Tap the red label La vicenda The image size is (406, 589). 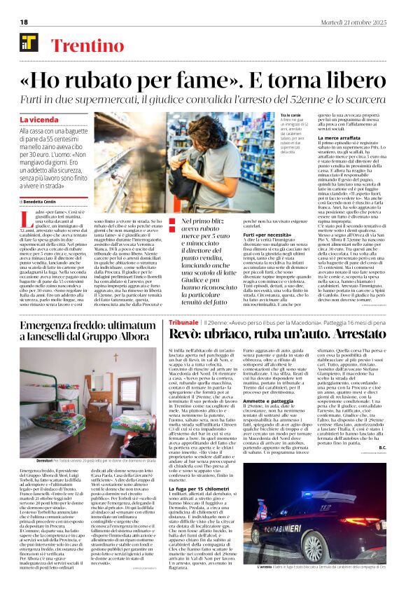(40, 120)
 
